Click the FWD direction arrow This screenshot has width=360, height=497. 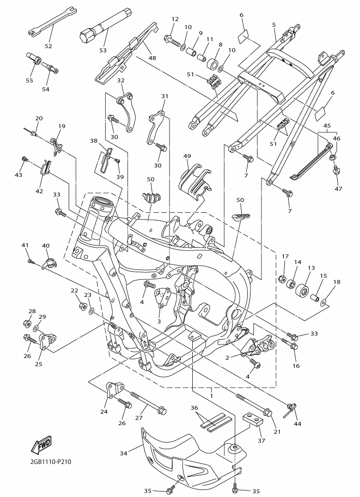42,446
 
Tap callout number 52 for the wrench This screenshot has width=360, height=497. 48,46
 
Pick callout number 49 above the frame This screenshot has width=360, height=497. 187,157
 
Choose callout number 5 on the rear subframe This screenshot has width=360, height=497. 274,24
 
